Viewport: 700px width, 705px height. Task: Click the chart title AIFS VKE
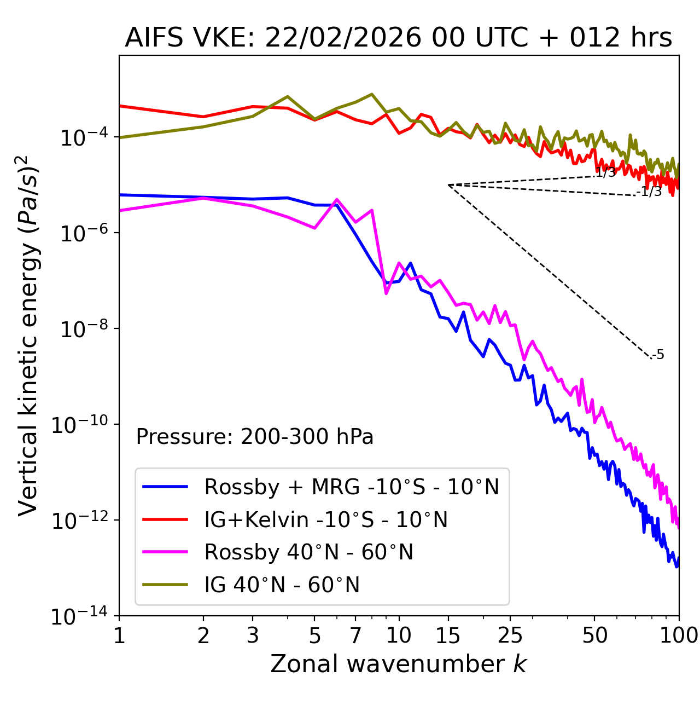click(398, 38)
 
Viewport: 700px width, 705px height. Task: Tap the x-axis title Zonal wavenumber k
click(398, 664)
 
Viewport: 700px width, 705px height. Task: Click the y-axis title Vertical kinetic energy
click(28, 335)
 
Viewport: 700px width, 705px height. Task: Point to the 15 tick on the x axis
click(448, 635)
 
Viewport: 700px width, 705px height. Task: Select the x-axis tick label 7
click(355, 635)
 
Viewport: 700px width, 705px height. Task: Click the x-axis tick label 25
click(510, 635)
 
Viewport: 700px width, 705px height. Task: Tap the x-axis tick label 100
click(679, 635)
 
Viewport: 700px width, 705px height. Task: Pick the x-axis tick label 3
click(253, 635)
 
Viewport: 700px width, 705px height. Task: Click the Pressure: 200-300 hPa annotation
click(255, 437)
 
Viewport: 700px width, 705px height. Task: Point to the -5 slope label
click(658, 355)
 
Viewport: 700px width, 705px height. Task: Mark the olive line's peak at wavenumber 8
click(372, 94)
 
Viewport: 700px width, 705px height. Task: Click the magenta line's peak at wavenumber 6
click(337, 199)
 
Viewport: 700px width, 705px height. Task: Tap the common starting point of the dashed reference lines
click(448, 185)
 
